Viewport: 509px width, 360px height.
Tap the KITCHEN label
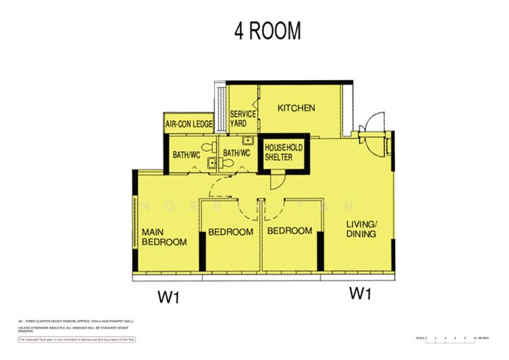click(x=296, y=108)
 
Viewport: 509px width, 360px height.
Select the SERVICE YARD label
click(x=242, y=118)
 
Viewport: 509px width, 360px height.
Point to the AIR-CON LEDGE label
click(x=188, y=124)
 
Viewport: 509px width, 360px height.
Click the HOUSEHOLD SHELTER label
click(x=283, y=153)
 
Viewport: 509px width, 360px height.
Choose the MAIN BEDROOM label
click(x=164, y=237)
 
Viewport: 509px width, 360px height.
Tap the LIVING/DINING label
click(x=361, y=229)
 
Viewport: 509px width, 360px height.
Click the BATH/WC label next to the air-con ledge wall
click(x=188, y=154)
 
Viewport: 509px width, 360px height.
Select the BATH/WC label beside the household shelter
click(x=236, y=153)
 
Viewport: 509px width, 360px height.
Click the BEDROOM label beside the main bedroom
click(x=232, y=232)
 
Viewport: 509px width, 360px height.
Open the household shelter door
click(x=279, y=182)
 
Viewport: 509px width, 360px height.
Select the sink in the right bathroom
click(x=250, y=142)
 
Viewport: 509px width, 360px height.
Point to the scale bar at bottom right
click(x=452, y=340)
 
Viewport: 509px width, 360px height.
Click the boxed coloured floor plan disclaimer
click(x=76, y=340)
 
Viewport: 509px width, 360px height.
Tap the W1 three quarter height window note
click(x=76, y=322)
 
